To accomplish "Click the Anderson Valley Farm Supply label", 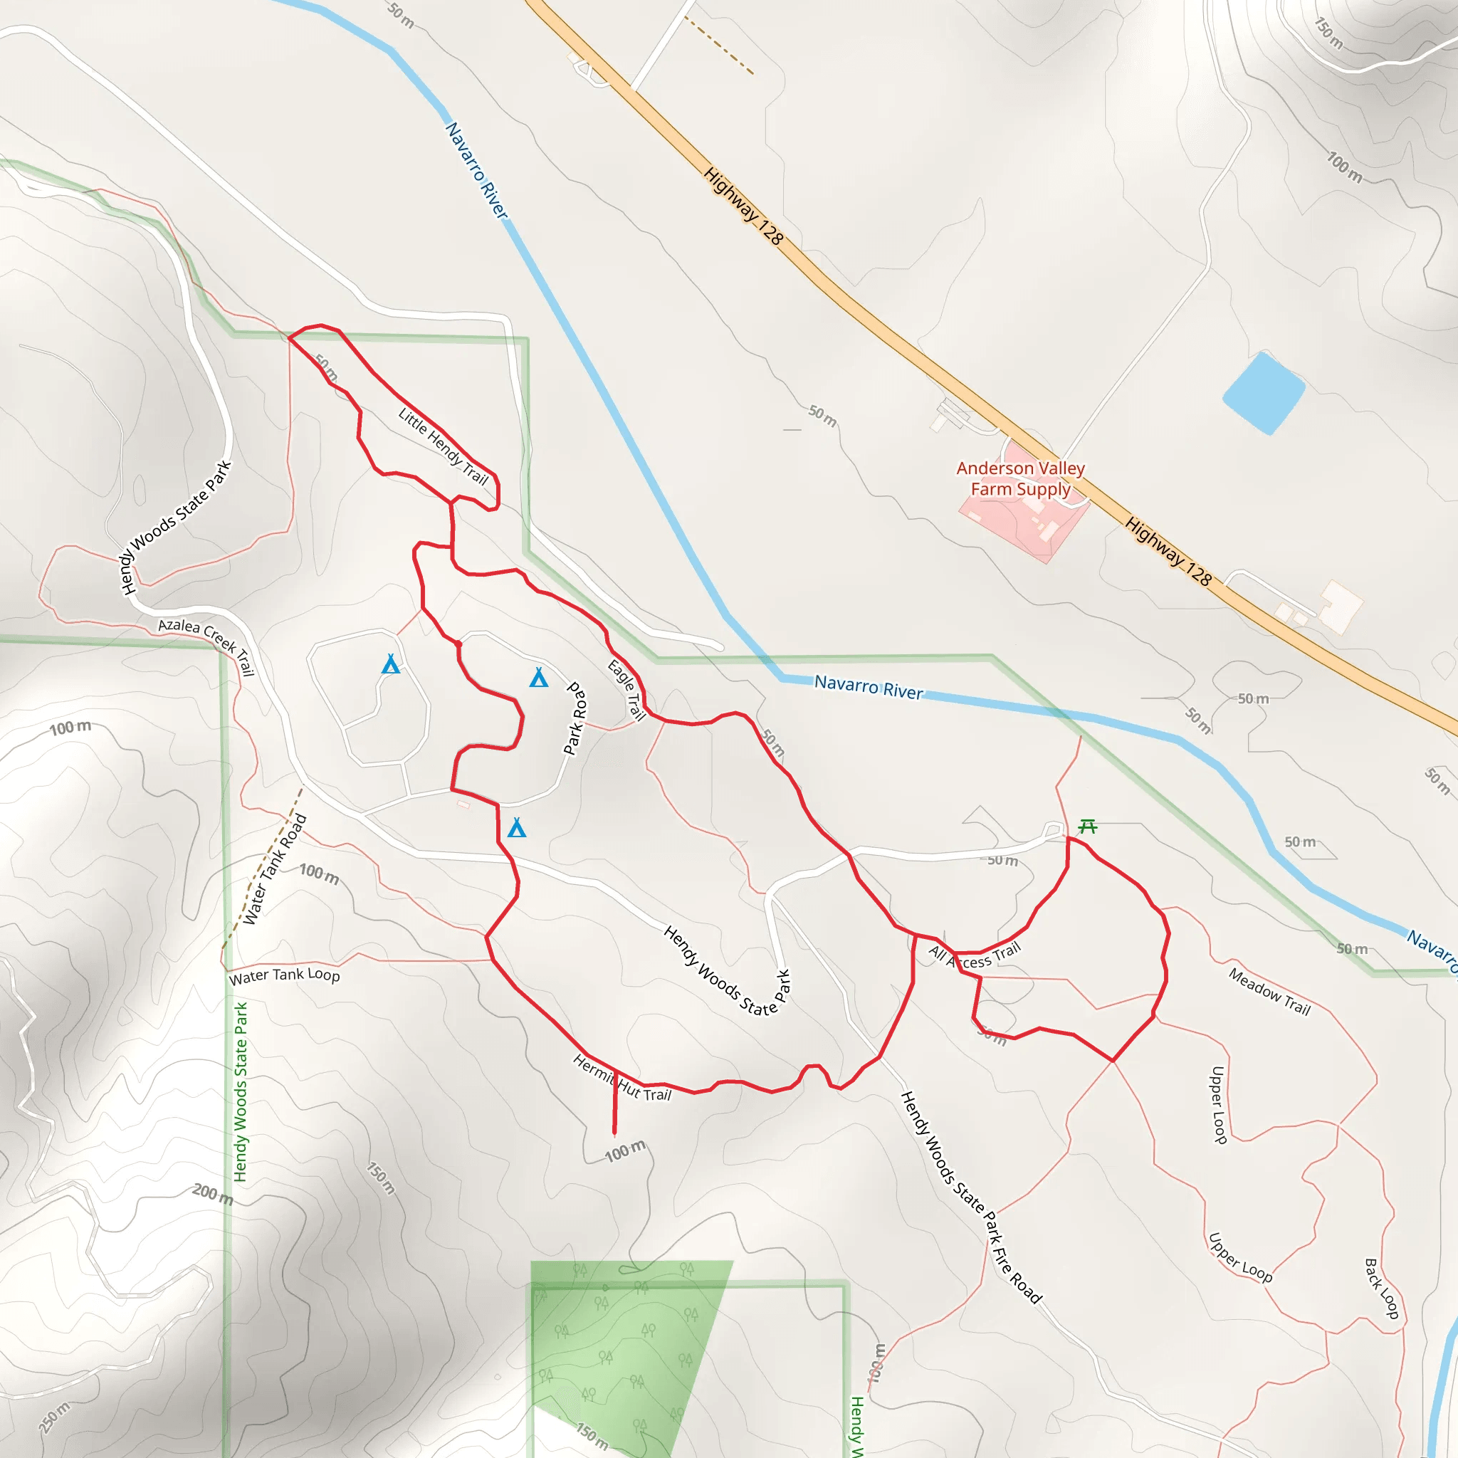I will (x=1020, y=478).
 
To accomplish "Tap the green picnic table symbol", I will (x=1088, y=827).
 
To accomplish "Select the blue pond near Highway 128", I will (x=1264, y=392).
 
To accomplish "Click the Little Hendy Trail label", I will (x=444, y=446).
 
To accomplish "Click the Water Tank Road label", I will (x=275, y=869).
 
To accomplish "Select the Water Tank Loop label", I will (x=285, y=975).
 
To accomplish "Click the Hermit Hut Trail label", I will (x=622, y=1079).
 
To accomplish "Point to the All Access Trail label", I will (x=975, y=956).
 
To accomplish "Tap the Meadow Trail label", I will (x=1269, y=991).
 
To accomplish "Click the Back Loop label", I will (x=1382, y=1288).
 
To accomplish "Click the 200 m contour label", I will (x=212, y=1194).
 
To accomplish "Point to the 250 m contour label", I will (x=54, y=1417).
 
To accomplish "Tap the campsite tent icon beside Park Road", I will (x=539, y=678).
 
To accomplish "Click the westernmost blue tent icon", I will (x=391, y=664).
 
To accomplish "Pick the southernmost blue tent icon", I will (x=517, y=828).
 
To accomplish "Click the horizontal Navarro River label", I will (x=869, y=687).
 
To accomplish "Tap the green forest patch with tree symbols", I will (x=619, y=1351).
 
